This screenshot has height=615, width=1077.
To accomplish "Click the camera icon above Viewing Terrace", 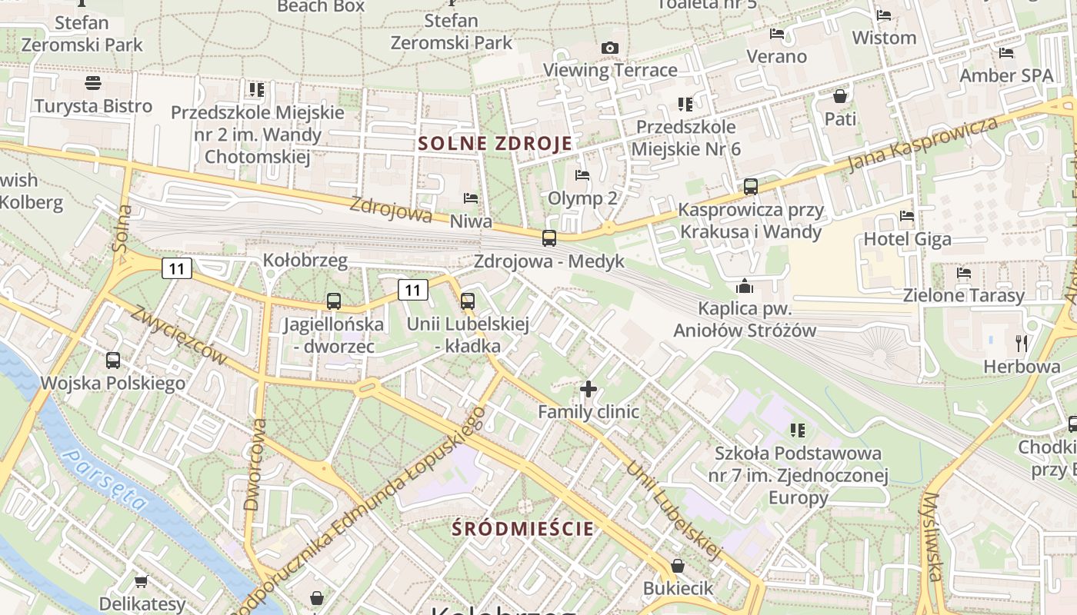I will pos(609,48).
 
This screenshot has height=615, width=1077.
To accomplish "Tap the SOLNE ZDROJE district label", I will pos(496,143).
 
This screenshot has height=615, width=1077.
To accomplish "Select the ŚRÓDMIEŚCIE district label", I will pos(523,529).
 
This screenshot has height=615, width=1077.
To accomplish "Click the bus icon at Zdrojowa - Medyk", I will pos(549,238).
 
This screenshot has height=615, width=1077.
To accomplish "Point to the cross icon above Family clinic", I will pos(589,389).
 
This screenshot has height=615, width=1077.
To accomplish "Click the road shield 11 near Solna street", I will pos(177,268).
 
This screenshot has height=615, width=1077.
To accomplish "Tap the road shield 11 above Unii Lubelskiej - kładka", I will pos(413,290).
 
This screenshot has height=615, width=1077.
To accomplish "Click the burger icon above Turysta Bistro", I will pos(93,83).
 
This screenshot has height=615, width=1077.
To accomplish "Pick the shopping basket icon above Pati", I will pos(840,96).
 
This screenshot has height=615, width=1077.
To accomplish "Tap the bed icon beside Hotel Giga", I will pos(907,217).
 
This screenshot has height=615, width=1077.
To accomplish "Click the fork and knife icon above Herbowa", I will pos(1022,343).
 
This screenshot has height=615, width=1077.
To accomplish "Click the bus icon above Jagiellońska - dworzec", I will pos(333,301).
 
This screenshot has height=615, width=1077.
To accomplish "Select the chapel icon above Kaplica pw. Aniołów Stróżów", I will pos(744,287).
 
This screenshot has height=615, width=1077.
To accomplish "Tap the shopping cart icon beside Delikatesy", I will pos(141,581).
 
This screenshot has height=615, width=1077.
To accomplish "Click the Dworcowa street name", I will pos(254,465).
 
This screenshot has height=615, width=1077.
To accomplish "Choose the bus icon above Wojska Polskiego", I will pos(112,360).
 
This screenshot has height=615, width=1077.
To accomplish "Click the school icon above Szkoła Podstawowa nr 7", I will pos(798,430).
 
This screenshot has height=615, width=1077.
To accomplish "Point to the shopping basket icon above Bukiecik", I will pos(678,566).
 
